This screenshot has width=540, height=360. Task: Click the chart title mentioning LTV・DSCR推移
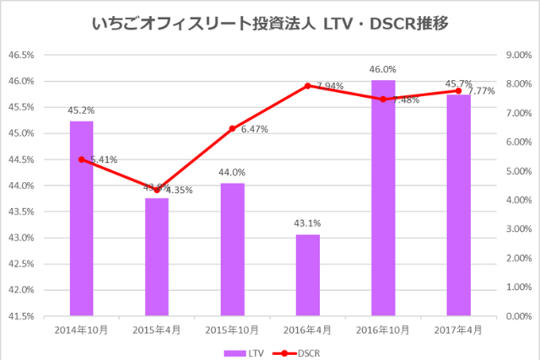[269, 24]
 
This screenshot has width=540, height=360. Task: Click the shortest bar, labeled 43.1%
[307, 275]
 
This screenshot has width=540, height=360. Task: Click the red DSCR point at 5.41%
[82, 159]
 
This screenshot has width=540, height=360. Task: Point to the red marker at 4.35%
[157, 190]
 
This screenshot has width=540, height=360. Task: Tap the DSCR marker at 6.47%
[232, 129]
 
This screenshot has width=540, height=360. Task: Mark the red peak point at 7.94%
[307, 86]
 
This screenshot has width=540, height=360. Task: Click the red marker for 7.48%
[383, 99]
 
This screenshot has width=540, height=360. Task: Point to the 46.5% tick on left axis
[21, 56]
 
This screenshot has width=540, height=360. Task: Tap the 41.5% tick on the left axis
[21, 316]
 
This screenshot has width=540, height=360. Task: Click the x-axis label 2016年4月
[307, 330]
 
